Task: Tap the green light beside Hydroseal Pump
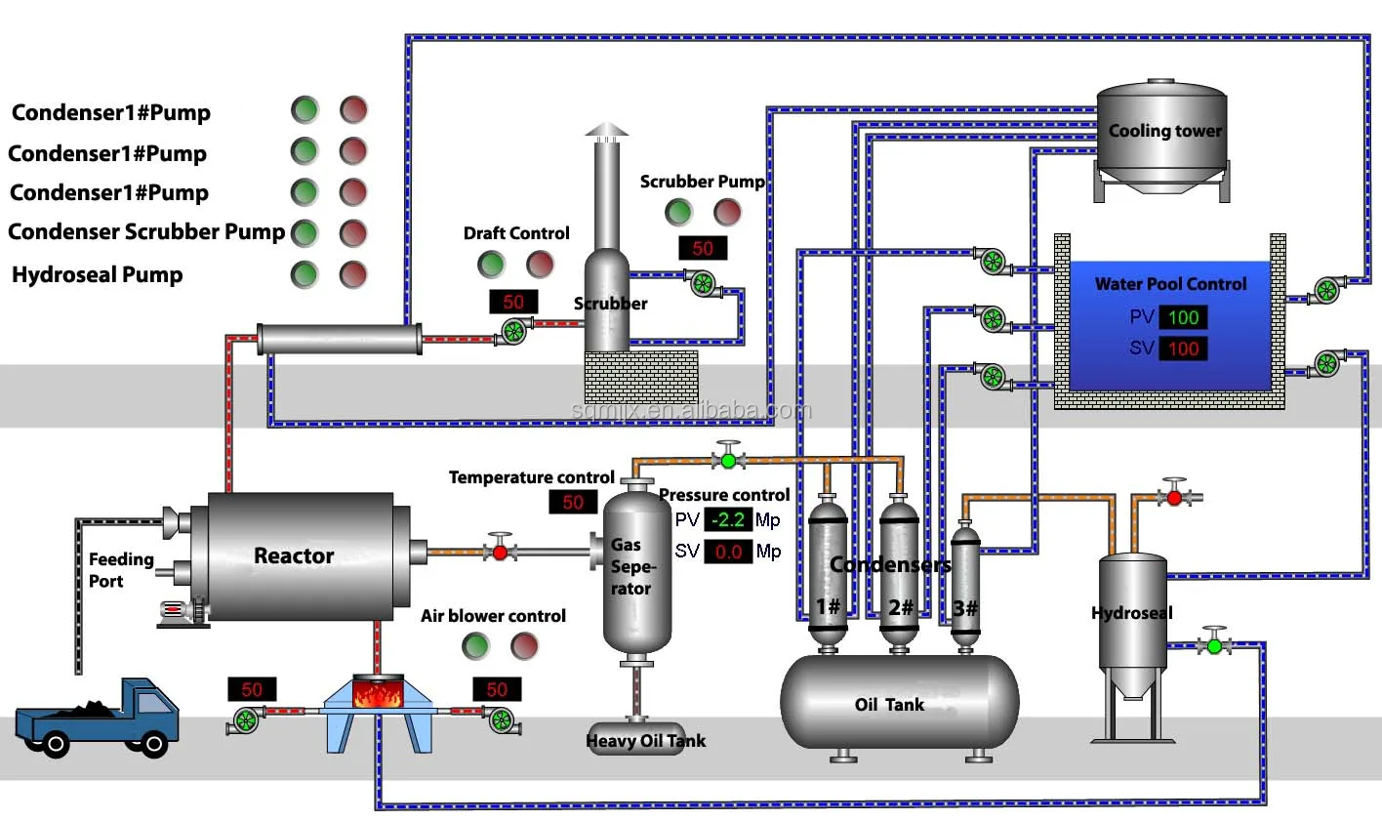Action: click(x=305, y=274)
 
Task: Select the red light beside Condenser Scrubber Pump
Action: click(x=353, y=233)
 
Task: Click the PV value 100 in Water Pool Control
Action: click(x=1183, y=317)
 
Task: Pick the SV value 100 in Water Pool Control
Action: click(x=1183, y=349)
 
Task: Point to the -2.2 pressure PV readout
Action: click(x=727, y=520)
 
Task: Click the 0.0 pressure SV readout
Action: click(x=727, y=552)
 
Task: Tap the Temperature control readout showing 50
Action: click(x=573, y=503)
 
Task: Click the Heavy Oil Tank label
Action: click(x=645, y=741)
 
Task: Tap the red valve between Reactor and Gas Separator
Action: click(x=501, y=552)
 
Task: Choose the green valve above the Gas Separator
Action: click(x=728, y=460)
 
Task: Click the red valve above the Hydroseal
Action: click(x=1174, y=497)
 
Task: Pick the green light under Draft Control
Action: click(x=491, y=264)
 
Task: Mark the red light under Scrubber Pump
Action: click(x=727, y=212)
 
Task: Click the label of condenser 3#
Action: click(x=964, y=608)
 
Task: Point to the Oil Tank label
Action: click(x=889, y=705)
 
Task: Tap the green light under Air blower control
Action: click(x=475, y=645)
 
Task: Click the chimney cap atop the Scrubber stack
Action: click(x=607, y=130)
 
